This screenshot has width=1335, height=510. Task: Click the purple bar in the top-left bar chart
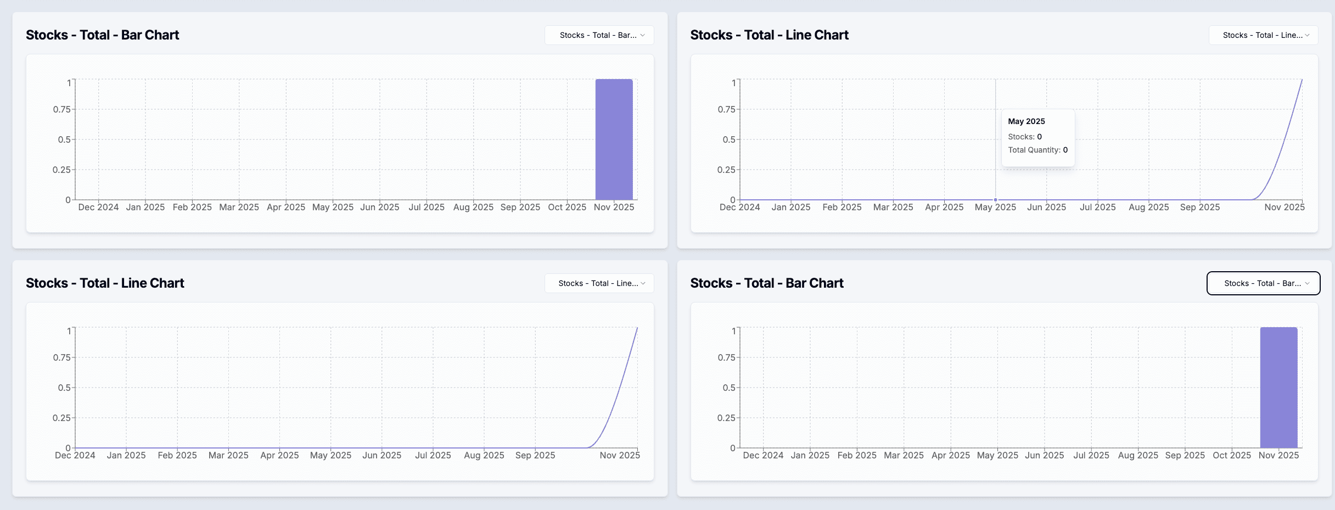[614, 139]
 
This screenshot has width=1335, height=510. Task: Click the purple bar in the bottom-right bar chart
[1278, 388]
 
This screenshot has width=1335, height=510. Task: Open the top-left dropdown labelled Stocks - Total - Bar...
[599, 35]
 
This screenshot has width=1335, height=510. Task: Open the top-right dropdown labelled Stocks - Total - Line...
[1263, 35]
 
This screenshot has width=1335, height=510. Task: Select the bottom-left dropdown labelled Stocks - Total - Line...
[599, 283]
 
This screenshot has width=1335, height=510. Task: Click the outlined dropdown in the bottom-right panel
[1263, 283]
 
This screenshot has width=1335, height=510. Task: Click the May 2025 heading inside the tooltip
[1026, 121]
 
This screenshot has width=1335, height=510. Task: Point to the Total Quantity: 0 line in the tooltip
[1037, 150]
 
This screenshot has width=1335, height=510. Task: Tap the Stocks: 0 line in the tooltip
[1024, 137]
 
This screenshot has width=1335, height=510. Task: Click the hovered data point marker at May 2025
[995, 200]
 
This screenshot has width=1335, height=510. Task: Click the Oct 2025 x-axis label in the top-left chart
[567, 208]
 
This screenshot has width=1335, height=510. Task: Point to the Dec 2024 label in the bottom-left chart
[75, 456]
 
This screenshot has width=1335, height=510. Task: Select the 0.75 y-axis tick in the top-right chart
[726, 109]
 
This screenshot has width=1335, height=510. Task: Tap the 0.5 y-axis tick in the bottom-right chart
[728, 388]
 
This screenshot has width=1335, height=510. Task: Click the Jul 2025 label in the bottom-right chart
[1091, 456]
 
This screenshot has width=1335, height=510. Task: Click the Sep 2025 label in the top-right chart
[1199, 208]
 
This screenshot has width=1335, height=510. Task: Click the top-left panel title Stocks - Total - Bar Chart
[103, 35]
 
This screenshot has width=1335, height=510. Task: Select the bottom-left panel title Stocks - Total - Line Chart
[105, 283]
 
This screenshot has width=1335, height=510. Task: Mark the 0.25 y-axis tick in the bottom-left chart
[61, 418]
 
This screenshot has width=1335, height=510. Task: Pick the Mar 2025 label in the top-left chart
[239, 208]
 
